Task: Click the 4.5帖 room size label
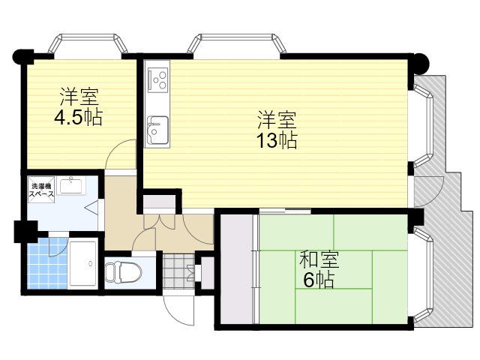(x=78, y=117)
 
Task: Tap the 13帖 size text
(x=277, y=140)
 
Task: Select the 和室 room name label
(x=319, y=259)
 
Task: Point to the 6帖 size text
(x=319, y=280)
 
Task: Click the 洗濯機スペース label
(x=41, y=190)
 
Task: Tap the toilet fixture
(x=123, y=272)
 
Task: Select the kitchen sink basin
(x=157, y=130)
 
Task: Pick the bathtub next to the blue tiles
(x=83, y=264)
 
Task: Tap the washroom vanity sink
(x=71, y=186)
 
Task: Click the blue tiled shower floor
(x=47, y=263)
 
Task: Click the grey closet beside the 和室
(x=236, y=268)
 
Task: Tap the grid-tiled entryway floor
(x=178, y=271)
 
